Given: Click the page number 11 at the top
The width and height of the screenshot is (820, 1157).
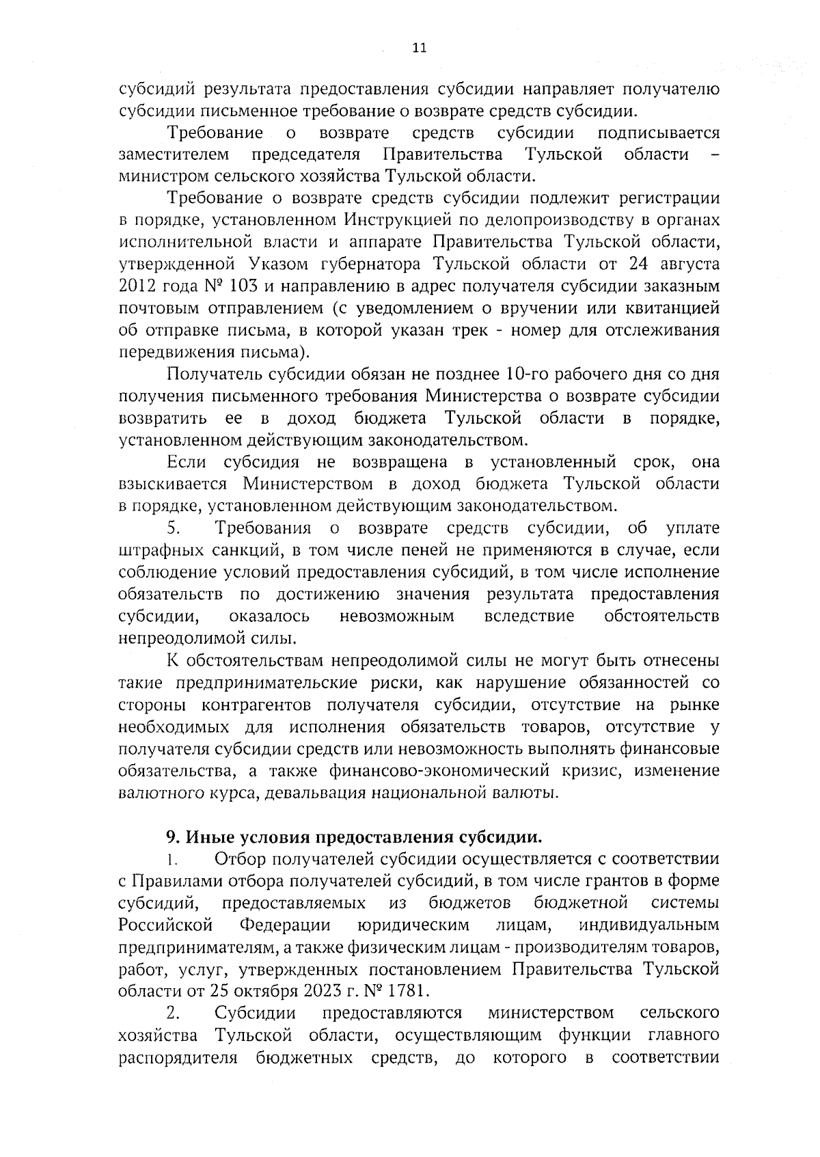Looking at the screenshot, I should pyautogui.click(x=420, y=48).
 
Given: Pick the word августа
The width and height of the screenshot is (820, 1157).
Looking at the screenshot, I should pyautogui.click(x=683, y=264).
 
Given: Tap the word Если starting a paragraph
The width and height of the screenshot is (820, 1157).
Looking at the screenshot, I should pyautogui.click(x=186, y=463).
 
